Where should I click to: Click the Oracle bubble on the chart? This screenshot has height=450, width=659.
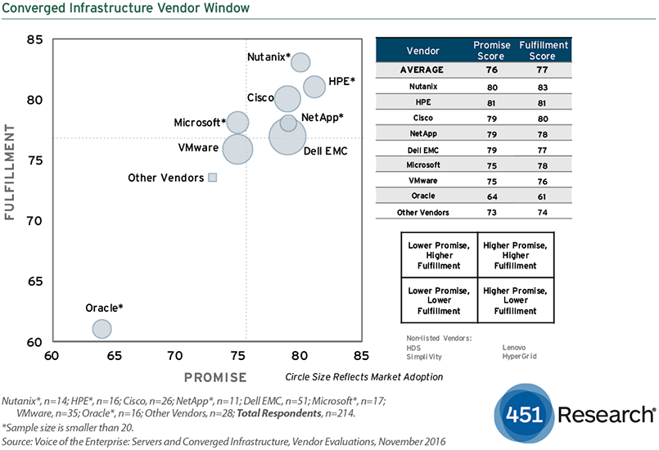click(x=102, y=329)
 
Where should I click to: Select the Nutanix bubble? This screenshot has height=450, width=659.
click(x=300, y=61)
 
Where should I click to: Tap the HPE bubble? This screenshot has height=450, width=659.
click(x=314, y=86)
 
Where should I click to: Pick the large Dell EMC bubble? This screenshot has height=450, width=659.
click(x=287, y=136)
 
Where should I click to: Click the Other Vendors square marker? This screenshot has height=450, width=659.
click(x=212, y=178)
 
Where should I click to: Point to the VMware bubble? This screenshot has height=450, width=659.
click(x=237, y=150)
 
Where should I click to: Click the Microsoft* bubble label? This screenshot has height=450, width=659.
click(x=200, y=123)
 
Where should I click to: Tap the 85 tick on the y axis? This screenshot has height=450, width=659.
click(x=34, y=39)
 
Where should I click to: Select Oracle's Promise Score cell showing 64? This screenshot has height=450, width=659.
click(x=493, y=196)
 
